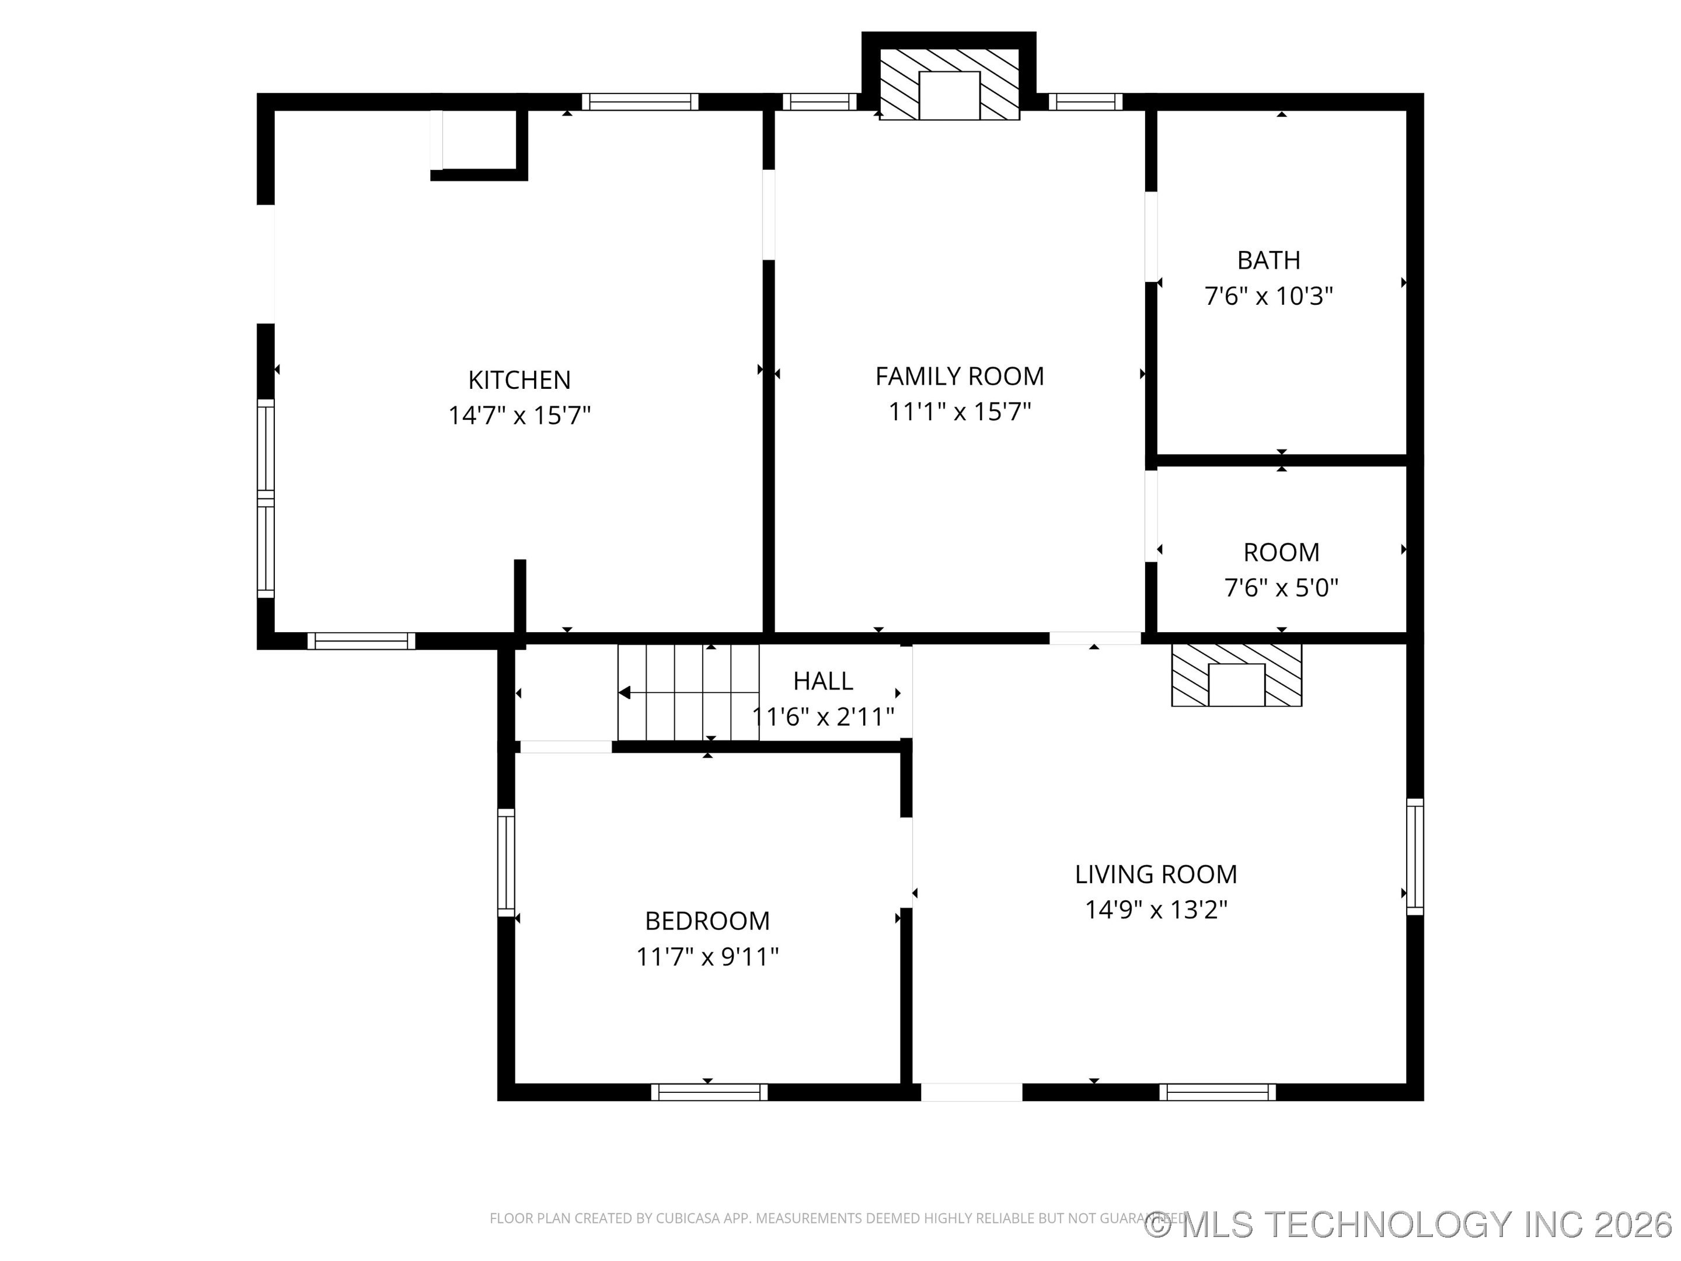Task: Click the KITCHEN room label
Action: click(519, 380)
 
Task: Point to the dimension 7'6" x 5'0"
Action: click(1281, 587)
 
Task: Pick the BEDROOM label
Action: click(707, 921)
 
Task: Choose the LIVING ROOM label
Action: click(1155, 874)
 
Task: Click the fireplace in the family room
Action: click(949, 85)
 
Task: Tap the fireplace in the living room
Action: click(1236, 675)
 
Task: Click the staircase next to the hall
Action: click(688, 692)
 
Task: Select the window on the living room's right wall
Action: click(1414, 856)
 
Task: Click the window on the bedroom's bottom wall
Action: click(709, 1092)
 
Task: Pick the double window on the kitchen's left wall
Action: click(265, 499)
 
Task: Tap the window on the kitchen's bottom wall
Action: click(361, 641)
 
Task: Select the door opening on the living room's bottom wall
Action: click(971, 1092)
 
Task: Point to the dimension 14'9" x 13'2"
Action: click(1155, 910)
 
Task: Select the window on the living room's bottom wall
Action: click(1218, 1092)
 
